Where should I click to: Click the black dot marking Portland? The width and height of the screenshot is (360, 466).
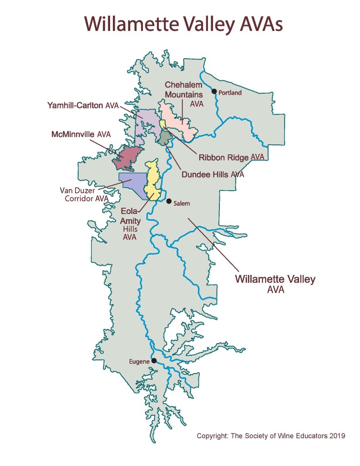coord(214,91)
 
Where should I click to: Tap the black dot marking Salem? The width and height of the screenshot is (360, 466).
coord(168,201)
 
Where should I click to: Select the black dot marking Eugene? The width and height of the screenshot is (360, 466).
coord(154,361)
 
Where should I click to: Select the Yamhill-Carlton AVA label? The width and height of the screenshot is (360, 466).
coord(82,106)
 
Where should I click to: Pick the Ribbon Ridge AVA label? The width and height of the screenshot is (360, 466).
coord(232,157)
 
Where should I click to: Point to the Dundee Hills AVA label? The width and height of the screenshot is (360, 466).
coord(213,174)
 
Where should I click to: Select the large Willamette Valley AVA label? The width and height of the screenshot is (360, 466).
coord(275,284)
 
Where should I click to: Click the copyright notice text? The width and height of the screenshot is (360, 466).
coord(271,436)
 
